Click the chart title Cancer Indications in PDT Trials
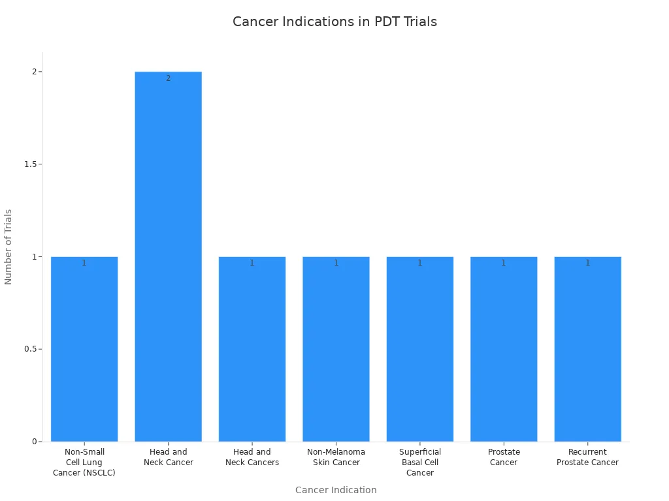334,22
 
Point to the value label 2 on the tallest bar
168,78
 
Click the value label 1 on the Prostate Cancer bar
504,263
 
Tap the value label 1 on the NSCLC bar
84,263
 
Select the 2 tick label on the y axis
34,72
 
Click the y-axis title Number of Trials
8,247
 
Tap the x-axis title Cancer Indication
336,490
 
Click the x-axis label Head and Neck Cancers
252,457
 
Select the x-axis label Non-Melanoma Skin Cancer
336,457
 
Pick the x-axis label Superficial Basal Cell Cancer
419,463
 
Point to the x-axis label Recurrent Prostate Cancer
587,457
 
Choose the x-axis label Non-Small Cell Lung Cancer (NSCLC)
84,463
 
